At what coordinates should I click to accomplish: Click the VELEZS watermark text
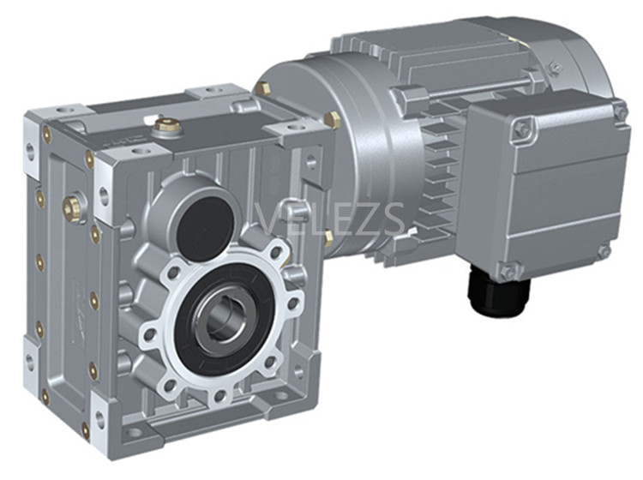pyautogui.click(x=331, y=219)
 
